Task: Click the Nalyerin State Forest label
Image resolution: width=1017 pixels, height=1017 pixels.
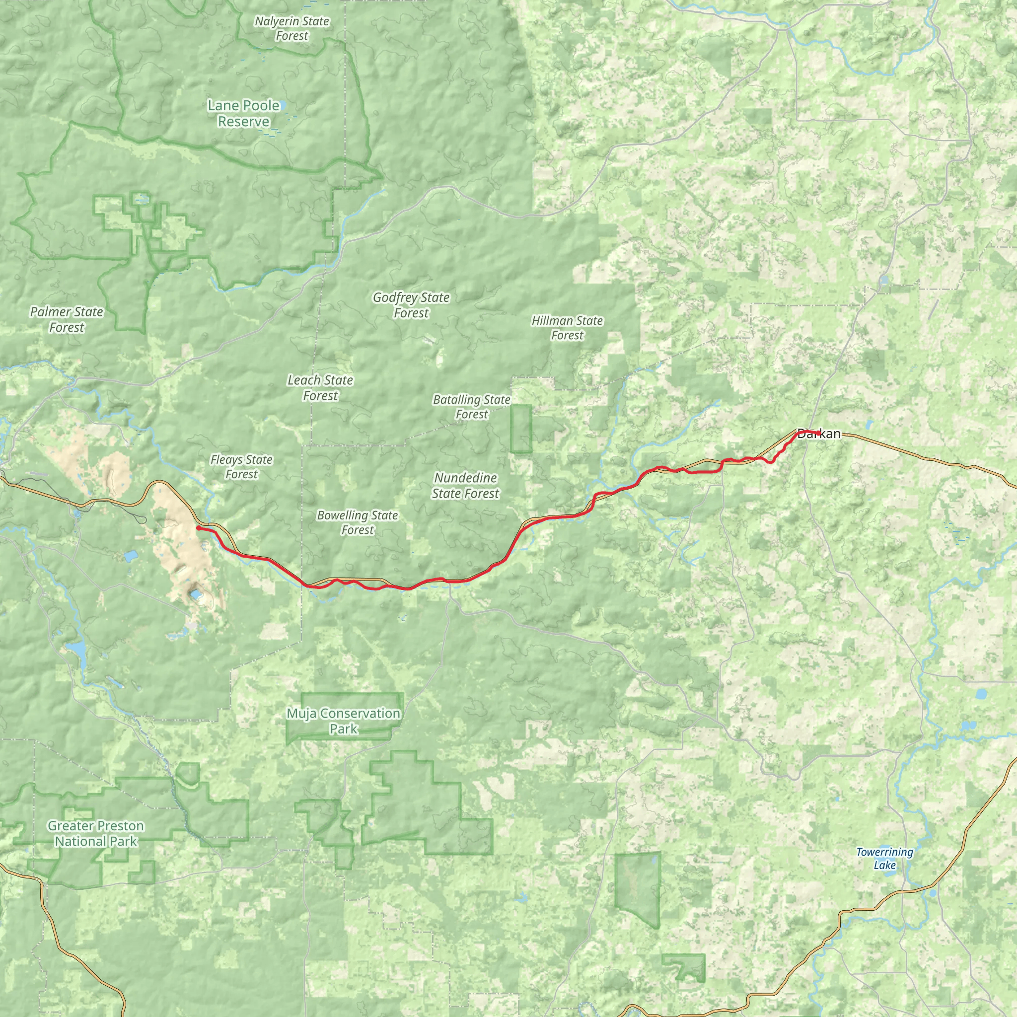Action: click(x=291, y=28)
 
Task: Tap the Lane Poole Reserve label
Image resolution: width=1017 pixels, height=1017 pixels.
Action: click(x=244, y=113)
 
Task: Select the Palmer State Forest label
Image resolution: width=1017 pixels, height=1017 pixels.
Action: click(x=67, y=319)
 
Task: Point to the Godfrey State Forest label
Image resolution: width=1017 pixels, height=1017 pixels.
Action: click(x=411, y=305)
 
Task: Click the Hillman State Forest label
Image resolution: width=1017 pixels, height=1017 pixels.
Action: click(x=567, y=328)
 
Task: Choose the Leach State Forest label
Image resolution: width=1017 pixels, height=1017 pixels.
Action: click(x=320, y=387)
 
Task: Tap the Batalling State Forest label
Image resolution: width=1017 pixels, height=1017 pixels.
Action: click(x=472, y=407)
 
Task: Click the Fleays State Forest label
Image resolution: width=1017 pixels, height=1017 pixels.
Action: click(x=242, y=467)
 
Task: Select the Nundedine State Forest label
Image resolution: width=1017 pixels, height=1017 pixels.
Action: click(x=465, y=485)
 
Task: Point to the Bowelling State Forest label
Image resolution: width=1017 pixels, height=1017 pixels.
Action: click(x=358, y=523)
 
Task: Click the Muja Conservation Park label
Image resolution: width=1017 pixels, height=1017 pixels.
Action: click(x=344, y=721)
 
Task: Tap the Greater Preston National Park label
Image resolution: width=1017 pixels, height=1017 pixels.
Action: click(x=96, y=833)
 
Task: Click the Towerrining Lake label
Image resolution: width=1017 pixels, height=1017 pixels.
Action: click(x=884, y=859)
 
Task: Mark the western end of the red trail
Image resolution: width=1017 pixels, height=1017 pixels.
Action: click(x=198, y=527)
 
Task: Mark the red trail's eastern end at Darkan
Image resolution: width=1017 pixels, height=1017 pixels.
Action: click(x=819, y=433)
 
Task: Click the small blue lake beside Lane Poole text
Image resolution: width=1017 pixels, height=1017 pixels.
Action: click(x=283, y=105)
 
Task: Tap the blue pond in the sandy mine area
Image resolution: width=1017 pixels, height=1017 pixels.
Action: click(x=196, y=595)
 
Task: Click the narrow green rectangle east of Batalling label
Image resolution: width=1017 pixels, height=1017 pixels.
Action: click(x=521, y=429)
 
